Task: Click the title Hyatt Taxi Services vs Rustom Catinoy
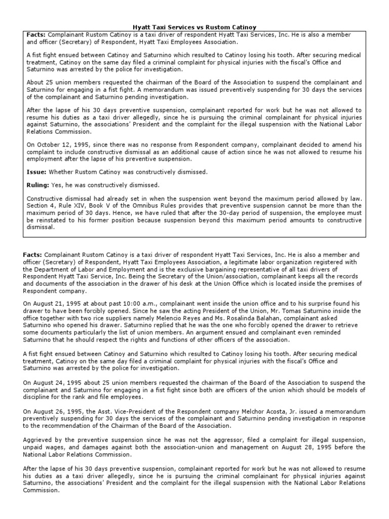pyautogui.click(x=194, y=26)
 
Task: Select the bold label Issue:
pyautogui.click(x=36, y=172)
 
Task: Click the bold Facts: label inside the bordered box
pyautogui.click(x=36, y=34)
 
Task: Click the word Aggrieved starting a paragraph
pyautogui.click(x=39, y=440)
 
